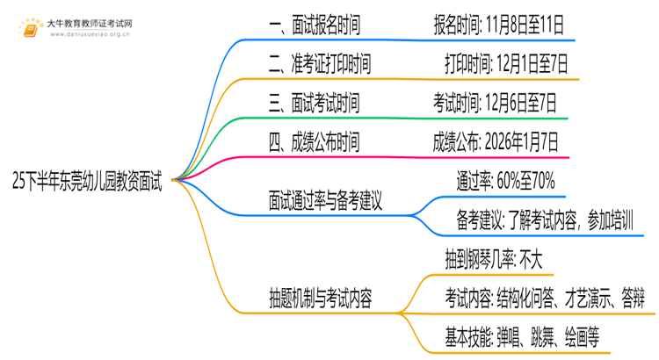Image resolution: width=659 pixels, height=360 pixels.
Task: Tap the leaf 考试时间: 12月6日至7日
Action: pos(495,103)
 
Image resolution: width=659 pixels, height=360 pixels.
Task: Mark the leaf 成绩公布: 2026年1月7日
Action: pos(495,141)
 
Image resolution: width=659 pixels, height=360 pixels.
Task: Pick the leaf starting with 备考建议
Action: pos(545,220)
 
